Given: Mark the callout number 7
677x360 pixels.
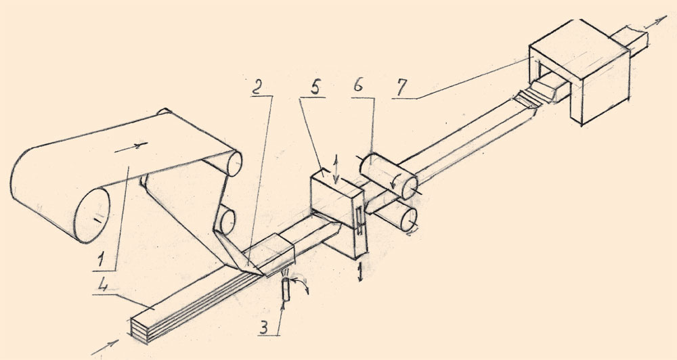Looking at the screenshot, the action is tap(401, 89).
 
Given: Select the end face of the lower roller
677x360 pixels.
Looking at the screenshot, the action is tap(408, 220).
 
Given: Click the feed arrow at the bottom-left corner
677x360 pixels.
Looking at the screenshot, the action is tap(105, 347).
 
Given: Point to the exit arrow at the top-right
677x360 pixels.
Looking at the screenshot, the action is tap(655, 22).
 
